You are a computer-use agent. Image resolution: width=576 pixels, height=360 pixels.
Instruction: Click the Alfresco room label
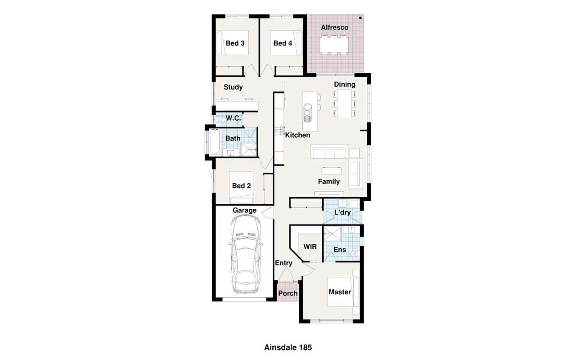tap(334, 27)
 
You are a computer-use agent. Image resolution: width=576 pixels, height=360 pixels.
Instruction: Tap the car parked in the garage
tap(246, 254)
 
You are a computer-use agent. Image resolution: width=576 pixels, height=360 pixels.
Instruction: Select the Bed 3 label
tap(235, 43)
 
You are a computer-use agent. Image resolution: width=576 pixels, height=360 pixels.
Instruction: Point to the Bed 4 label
tap(283, 43)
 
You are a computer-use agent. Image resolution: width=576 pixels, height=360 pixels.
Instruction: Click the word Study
tap(233, 87)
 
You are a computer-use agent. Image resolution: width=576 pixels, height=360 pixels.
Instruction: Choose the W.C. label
tap(233, 118)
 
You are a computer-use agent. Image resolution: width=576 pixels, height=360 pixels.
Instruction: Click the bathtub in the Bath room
tap(215, 141)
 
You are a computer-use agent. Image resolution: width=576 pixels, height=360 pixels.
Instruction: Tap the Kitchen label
tap(297, 135)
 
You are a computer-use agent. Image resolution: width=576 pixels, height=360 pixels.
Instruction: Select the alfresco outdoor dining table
tap(334, 45)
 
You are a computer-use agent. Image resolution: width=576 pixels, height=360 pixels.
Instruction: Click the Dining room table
tap(345, 104)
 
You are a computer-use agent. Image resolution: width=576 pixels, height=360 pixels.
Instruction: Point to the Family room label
tap(329, 181)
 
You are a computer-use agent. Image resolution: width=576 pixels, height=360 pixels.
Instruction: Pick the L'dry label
tap(342, 212)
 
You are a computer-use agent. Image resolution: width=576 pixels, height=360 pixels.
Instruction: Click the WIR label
tap(310, 247)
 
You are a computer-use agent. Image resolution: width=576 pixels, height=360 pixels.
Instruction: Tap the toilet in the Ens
tap(354, 254)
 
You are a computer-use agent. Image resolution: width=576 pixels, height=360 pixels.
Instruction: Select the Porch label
tap(288, 293)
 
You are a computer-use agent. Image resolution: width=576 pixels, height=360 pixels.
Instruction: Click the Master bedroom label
tap(340, 292)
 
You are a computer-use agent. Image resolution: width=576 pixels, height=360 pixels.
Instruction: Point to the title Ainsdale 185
tap(288, 348)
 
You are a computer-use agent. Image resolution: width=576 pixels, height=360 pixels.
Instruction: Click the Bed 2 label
tap(241, 186)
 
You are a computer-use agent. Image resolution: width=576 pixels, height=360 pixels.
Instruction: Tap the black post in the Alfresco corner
tap(360, 18)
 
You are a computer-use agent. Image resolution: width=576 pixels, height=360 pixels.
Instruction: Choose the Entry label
tap(283, 263)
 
